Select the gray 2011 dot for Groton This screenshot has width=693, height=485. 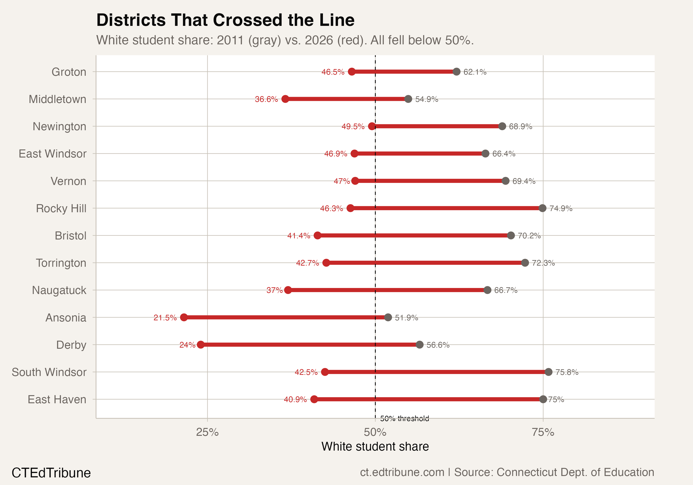point(456,72)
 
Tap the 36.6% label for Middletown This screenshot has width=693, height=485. point(266,99)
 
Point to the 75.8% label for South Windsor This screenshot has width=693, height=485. point(567,372)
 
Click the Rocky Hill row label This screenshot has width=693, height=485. point(61,208)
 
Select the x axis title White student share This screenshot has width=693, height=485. point(375,446)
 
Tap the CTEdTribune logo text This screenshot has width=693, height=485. point(51,473)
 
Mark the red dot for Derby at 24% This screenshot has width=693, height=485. point(201,345)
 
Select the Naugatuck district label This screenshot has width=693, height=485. point(59,290)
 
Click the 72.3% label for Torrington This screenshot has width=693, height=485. point(543,263)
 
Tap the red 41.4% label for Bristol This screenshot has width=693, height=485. point(298,236)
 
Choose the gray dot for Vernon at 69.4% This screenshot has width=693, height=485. point(505,181)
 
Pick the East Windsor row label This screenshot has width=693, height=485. point(52,154)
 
